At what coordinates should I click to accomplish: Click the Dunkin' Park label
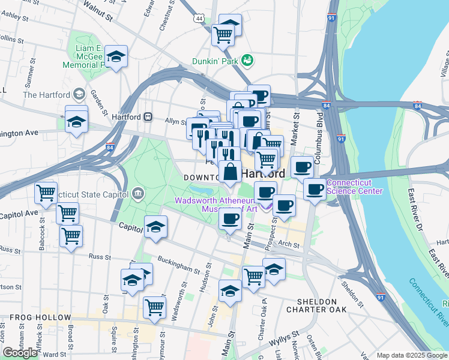click(214, 61)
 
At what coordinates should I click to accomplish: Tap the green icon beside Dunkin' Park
click(247, 60)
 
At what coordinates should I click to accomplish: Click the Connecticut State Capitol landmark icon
click(138, 193)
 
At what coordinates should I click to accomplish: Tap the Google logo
click(19, 353)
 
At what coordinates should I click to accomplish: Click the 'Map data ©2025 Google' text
click(412, 355)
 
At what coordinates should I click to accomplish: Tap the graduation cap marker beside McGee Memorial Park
click(116, 57)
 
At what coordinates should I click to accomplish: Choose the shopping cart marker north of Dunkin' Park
click(223, 35)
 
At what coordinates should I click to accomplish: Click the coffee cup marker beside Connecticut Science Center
click(314, 190)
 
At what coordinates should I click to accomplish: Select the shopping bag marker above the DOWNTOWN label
click(231, 172)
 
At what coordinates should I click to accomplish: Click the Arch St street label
click(289, 244)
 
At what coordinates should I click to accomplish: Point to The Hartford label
click(46, 95)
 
